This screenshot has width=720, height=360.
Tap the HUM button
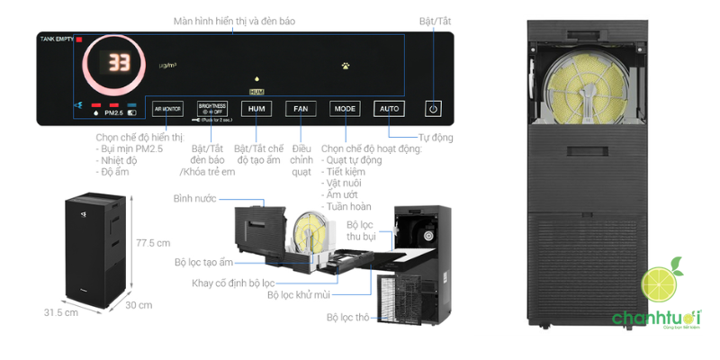click(256, 109)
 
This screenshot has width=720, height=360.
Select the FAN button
click(301, 109)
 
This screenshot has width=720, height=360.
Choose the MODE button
click(345, 109)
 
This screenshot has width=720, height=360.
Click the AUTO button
click(389, 109)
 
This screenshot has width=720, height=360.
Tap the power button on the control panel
click(434, 109)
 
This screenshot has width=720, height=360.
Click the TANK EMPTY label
click(56, 40)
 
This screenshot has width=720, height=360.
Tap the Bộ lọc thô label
click(346, 317)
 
